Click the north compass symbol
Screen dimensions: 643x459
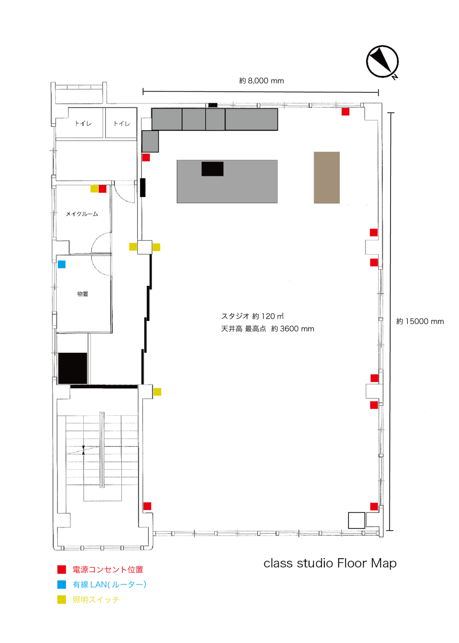point(382,62)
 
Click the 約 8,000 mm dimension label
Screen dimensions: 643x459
point(261,81)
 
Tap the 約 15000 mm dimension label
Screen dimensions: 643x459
point(420,321)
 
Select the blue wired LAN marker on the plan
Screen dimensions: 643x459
point(62,264)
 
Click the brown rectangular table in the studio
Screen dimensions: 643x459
point(327,177)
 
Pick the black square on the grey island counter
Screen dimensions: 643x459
point(212,168)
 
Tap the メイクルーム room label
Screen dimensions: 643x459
point(82,214)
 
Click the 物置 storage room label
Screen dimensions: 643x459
point(83,294)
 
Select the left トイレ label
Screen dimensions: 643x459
point(83,123)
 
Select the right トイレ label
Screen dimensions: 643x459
point(122,123)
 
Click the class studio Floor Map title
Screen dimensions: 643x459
point(330,563)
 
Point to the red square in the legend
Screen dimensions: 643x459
point(62,570)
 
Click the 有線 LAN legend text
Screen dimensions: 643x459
point(109,585)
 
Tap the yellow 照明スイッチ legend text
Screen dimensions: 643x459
point(96,600)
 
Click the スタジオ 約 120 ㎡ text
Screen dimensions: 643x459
point(252,316)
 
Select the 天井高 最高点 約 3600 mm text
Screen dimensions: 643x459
point(267,329)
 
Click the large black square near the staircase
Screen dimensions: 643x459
point(73,368)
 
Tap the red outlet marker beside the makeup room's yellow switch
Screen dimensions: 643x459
point(103,188)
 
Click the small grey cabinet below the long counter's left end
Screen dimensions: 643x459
point(150,141)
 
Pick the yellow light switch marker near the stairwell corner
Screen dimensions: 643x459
point(157,392)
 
